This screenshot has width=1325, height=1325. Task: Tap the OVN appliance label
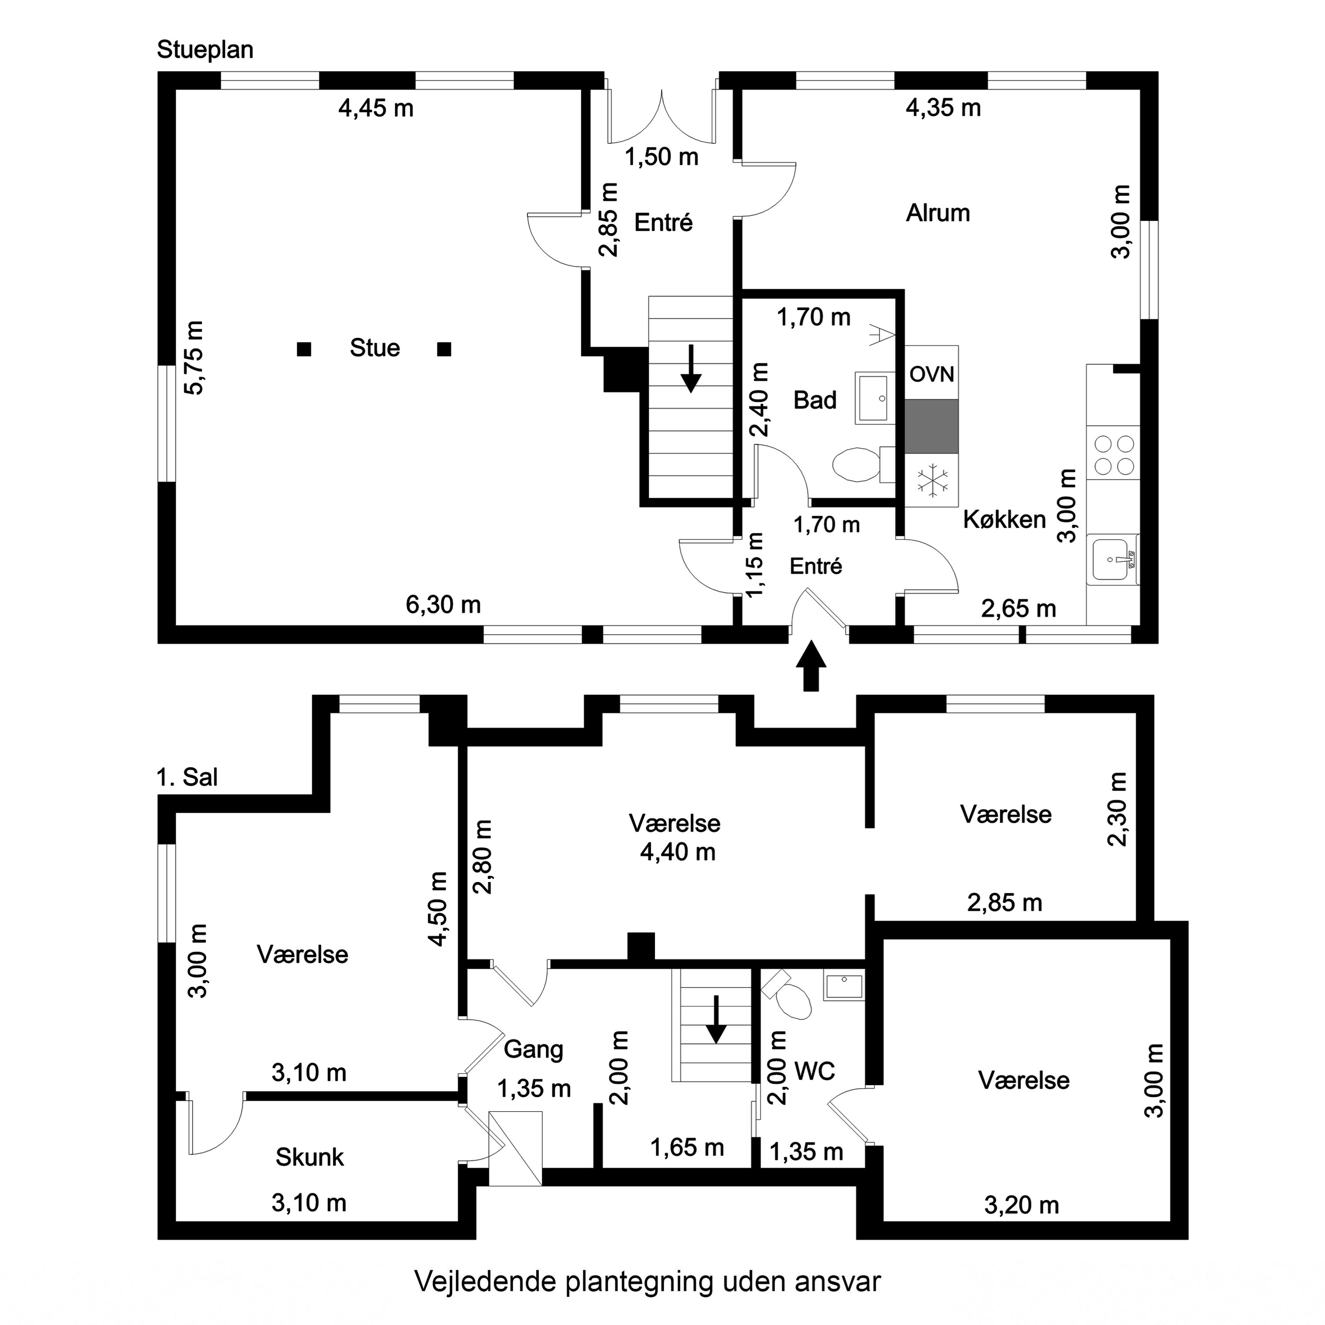click(x=931, y=375)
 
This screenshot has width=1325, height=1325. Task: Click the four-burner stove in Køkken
click(x=1114, y=455)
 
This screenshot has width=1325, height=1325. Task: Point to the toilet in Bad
click(x=856, y=464)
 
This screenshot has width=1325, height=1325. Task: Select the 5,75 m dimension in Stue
click(x=194, y=358)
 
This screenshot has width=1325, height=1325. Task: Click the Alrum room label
click(x=938, y=213)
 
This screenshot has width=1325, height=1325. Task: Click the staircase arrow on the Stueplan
click(x=691, y=369)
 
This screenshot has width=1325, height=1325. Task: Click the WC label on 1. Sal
click(x=814, y=1071)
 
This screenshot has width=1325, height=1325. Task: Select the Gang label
click(x=533, y=1049)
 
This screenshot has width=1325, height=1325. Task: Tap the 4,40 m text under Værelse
click(x=678, y=852)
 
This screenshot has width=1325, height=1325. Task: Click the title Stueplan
click(x=205, y=50)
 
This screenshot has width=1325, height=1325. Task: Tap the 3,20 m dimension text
click(x=1021, y=1205)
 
